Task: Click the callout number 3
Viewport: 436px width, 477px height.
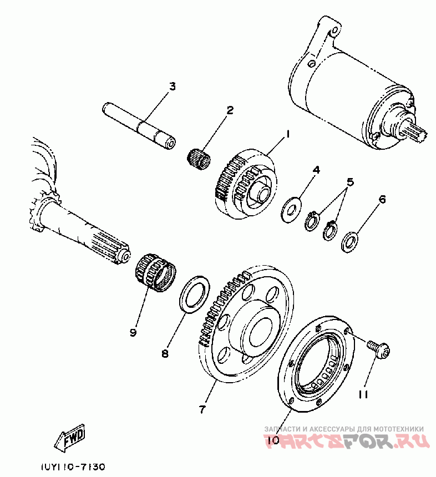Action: tap(172, 87)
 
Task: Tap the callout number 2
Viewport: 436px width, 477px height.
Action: tap(229, 110)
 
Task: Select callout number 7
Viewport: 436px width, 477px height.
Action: tap(202, 410)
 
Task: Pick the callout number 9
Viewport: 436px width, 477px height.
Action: tap(133, 332)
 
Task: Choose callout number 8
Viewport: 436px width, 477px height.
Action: tap(165, 353)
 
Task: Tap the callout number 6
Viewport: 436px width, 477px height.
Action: tap(382, 198)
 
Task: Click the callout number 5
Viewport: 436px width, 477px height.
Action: tap(350, 182)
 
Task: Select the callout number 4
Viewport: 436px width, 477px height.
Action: tap(316, 170)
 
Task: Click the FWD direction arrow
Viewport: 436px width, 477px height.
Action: tap(70, 438)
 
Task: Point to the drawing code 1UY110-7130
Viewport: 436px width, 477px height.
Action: tap(72, 467)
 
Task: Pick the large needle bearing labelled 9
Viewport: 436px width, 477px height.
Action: tap(155, 270)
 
